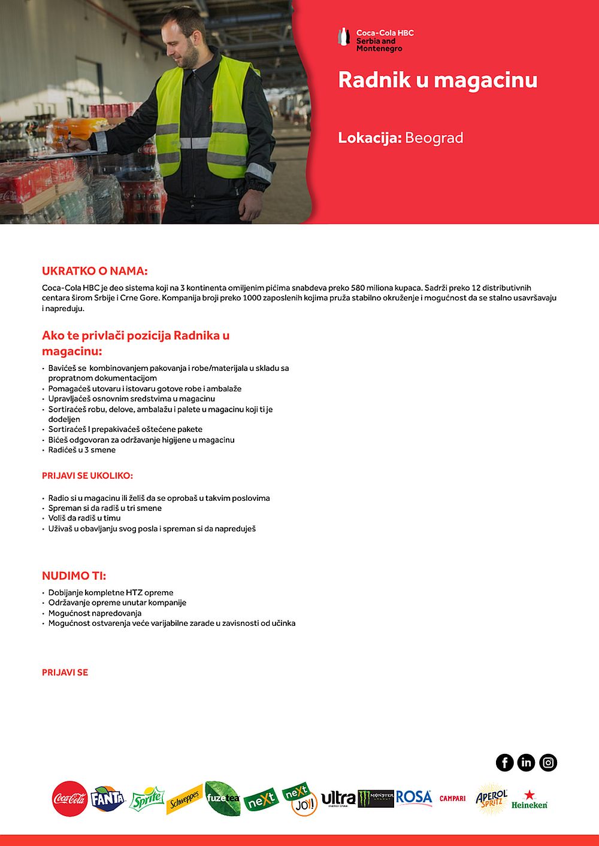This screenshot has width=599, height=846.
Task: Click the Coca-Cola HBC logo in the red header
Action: (x=376, y=39)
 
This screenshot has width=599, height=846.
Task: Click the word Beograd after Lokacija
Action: (x=434, y=138)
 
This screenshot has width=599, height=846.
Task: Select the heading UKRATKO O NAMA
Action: (x=95, y=271)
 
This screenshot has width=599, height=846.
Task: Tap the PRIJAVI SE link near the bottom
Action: (x=65, y=672)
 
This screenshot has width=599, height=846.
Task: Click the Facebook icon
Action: (x=504, y=762)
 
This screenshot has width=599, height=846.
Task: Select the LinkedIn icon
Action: (x=526, y=762)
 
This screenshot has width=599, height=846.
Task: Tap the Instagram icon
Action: (x=548, y=762)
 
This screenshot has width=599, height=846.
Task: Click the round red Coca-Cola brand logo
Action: (x=69, y=799)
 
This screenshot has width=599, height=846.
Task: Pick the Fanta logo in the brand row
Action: (x=108, y=799)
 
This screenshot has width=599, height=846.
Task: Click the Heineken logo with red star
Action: (x=529, y=800)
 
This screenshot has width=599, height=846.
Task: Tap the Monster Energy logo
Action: (x=376, y=798)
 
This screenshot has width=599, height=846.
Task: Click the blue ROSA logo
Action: (x=413, y=798)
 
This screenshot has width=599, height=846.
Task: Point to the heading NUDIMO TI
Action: (x=74, y=576)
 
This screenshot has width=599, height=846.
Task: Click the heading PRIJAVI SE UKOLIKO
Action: (x=87, y=476)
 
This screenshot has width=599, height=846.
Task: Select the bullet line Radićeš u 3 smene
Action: (x=82, y=450)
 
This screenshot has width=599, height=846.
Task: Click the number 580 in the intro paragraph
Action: (x=358, y=288)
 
